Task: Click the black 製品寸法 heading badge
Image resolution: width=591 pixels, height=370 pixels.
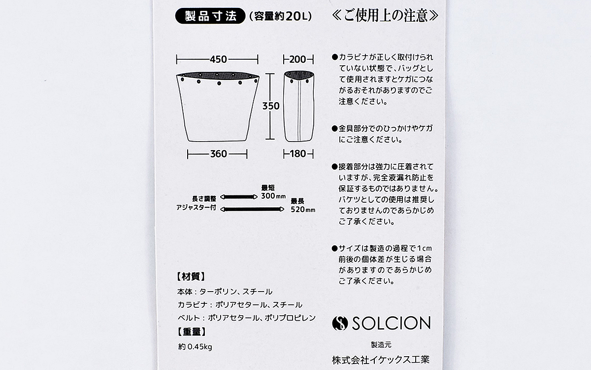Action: pyautogui.click(x=210, y=16)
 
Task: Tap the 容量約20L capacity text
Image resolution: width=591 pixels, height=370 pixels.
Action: pyautogui.click(x=280, y=16)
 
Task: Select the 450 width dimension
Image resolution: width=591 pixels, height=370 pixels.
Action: pyautogui.click(x=219, y=59)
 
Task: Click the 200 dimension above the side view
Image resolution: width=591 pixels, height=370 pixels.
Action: pyautogui.click(x=297, y=59)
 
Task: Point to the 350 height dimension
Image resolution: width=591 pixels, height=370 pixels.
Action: pyautogui.click(x=271, y=106)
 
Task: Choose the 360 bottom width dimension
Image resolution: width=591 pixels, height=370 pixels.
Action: pyautogui.click(x=219, y=154)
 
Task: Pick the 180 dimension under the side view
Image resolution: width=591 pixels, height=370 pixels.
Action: pyautogui.click(x=298, y=154)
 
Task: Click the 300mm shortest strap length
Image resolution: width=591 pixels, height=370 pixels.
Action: pyautogui.click(x=273, y=196)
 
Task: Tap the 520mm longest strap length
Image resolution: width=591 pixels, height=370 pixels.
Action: pyautogui.click(x=303, y=210)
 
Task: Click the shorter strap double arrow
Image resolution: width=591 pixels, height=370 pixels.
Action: pyautogui.click(x=239, y=197)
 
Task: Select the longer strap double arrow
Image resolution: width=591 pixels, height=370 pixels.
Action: pyautogui.click(x=252, y=209)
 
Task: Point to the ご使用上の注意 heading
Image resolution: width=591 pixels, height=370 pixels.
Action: pyautogui.click(x=385, y=16)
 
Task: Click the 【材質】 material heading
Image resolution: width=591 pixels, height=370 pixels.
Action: pyautogui.click(x=191, y=277)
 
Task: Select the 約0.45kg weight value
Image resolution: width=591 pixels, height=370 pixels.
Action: pyautogui.click(x=195, y=346)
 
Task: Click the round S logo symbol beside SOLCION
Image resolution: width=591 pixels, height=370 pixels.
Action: pyautogui.click(x=340, y=323)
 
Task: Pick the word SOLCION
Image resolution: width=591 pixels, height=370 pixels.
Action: pyautogui.click(x=391, y=323)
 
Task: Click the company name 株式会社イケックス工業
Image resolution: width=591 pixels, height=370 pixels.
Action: pyautogui.click(x=381, y=360)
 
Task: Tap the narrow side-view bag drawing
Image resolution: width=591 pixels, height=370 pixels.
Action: pyautogui.click(x=299, y=106)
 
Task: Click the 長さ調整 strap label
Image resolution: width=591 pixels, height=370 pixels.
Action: pyautogui.click(x=204, y=199)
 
